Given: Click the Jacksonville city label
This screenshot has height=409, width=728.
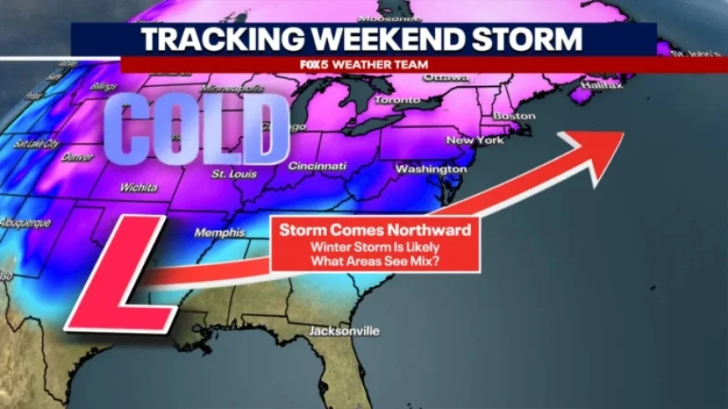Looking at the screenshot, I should click(344, 331).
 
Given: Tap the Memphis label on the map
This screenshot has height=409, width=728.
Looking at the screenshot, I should click(220, 233).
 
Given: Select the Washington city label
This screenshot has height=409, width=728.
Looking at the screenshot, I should click(430, 169).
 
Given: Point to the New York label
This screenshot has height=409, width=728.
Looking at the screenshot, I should click(475, 141).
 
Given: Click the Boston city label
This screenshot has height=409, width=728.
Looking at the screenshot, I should click(515, 115).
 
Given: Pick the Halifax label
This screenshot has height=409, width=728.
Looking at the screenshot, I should click(595, 85).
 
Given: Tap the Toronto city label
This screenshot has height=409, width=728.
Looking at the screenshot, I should click(397, 100).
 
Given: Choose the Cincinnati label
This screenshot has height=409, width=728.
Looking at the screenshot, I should click(317, 166).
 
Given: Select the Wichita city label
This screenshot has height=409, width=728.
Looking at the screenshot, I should click(138, 187).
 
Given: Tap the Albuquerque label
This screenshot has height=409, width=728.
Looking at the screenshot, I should click(25, 223).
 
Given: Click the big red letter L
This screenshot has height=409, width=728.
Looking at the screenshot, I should click(121, 275).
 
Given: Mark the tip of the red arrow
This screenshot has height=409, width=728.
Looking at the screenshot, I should click(623, 133).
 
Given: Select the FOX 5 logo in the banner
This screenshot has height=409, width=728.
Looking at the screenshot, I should click(313, 64).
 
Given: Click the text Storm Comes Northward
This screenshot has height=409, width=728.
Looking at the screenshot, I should click(375, 229).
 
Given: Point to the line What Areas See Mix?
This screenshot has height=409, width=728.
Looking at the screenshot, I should click(375, 261).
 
